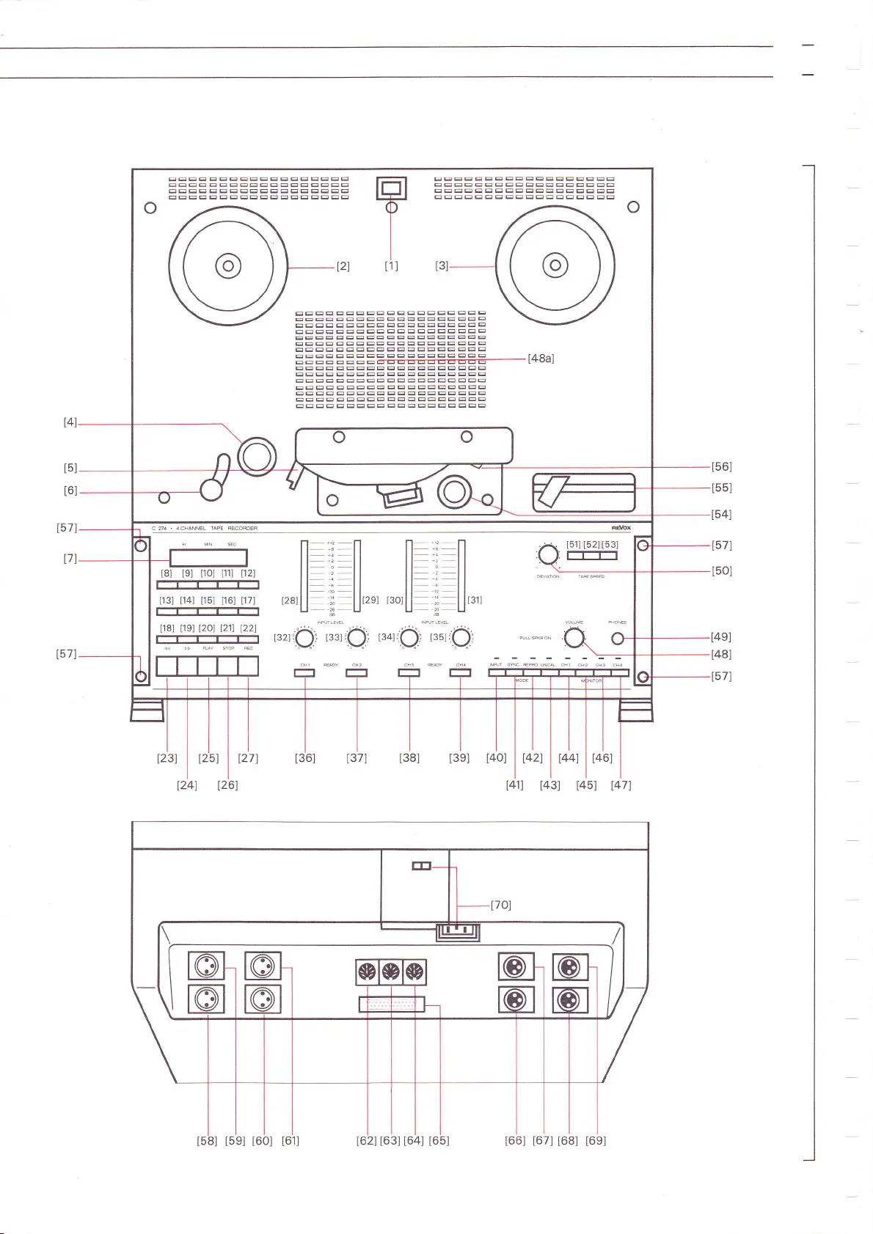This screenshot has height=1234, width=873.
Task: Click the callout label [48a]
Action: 541,359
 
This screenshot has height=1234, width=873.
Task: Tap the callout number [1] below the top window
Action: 391,266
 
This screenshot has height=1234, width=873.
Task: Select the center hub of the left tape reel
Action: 227,265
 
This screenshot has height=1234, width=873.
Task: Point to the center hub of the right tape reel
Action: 555,265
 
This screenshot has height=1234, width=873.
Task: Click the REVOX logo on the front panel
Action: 621,528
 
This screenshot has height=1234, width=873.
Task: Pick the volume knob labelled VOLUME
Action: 574,638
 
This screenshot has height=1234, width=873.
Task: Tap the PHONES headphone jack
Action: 618,639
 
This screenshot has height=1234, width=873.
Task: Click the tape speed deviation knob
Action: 548,555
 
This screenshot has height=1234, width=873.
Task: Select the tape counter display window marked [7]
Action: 208,558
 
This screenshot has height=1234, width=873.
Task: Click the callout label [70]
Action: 501,905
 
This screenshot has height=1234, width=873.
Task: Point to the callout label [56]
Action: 721,466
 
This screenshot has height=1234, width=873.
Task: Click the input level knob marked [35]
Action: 461,638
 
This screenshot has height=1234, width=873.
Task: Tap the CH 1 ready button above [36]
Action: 304,672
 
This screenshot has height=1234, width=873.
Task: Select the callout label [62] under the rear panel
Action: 366,1140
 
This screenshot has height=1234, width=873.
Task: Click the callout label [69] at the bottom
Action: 596,1140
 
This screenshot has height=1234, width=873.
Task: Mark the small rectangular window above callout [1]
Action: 391,188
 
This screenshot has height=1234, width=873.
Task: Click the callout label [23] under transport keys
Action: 167,758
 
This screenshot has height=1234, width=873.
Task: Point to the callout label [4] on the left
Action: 70,422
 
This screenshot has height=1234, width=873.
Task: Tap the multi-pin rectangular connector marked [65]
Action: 391,1004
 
